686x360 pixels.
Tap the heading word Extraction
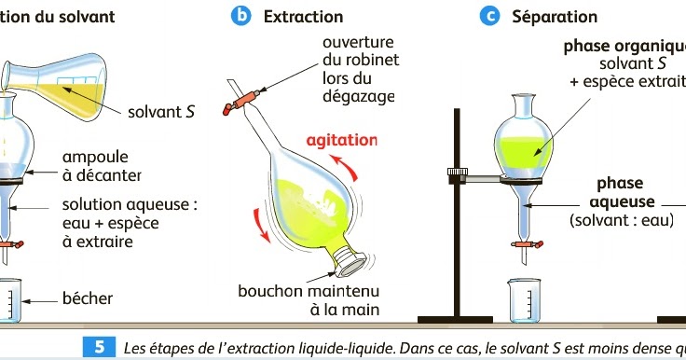[303, 17]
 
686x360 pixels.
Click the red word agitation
[343, 141]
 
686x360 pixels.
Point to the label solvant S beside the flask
[160, 112]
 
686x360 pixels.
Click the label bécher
[88, 298]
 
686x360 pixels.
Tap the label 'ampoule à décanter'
[102, 165]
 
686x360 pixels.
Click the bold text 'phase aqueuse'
[620, 192]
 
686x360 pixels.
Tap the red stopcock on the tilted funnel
[248, 98]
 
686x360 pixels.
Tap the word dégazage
[359, 96]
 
